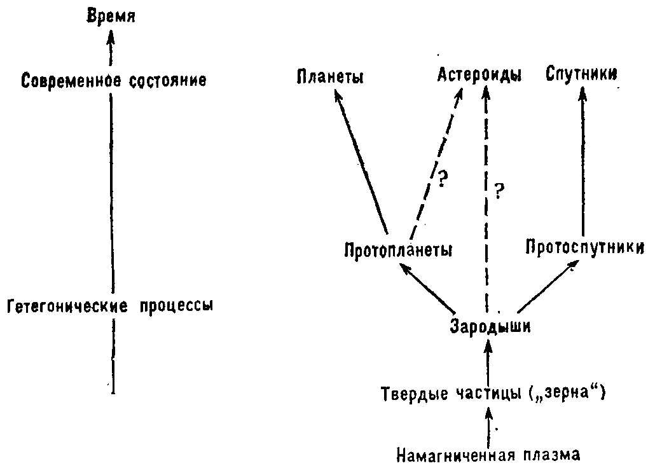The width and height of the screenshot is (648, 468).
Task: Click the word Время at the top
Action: click(111, 17)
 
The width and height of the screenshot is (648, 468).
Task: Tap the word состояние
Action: click(168, 81)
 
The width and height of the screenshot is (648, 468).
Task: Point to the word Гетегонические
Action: click(67, 306)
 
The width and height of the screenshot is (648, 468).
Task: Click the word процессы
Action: click(176, 306)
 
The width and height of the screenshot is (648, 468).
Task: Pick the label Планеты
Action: click(330, 77)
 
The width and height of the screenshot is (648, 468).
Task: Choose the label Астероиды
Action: click(479, 75)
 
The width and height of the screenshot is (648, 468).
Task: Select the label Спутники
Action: click(582, 74)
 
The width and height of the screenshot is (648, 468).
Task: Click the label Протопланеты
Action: click(398, 251)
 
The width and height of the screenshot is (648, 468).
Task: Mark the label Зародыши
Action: click(490, 326)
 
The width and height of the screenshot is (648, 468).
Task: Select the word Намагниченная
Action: click(456, 455)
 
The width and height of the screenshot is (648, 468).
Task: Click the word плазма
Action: click(552, 455)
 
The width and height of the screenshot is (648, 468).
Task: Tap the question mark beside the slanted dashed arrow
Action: click(443, 179)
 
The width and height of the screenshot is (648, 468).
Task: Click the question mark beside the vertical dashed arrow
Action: click(500, 191)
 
